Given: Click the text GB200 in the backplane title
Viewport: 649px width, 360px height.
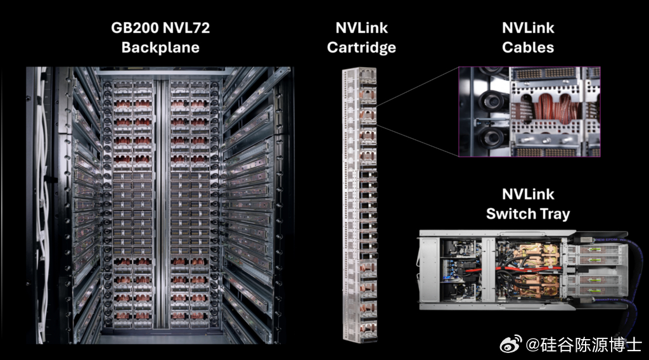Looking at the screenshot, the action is (134, 28).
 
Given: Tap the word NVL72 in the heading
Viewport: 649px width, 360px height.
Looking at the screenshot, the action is (186, 28).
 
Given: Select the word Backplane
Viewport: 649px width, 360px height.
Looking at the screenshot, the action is (160, 48).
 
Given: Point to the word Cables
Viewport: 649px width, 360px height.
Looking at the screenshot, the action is (528, 48).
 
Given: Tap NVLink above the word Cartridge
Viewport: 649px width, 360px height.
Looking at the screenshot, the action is (361, 28).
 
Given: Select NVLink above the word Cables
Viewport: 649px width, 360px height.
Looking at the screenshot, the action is (528, 28).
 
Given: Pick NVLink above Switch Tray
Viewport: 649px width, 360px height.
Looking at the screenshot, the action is (528, 195).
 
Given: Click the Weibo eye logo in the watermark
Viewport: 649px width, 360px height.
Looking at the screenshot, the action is (511, 344).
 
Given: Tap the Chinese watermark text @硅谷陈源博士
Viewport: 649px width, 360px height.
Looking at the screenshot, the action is (584, 345).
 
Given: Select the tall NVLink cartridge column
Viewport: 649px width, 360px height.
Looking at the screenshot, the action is (359, 205).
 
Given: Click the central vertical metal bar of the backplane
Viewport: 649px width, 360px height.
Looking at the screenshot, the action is (161, 203).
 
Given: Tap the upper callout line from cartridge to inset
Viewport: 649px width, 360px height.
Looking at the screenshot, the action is (418, 86).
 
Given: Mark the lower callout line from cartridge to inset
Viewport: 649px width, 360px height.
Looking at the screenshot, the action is (418, 140).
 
